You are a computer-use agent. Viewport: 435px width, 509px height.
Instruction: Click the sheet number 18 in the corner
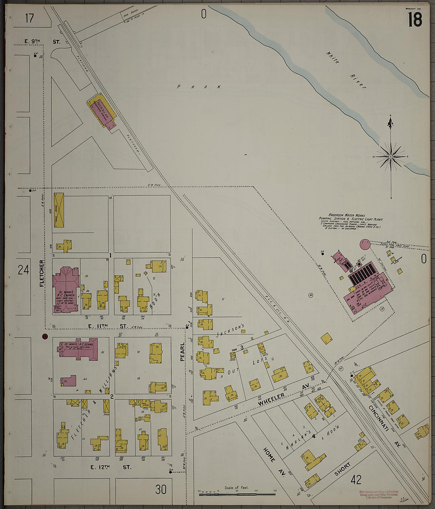point(415,19)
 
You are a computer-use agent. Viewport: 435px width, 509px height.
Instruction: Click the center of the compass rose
point(391,157)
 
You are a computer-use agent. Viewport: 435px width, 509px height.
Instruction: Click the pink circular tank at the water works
point(365,244)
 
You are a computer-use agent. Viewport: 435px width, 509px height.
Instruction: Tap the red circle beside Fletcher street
point(45,337)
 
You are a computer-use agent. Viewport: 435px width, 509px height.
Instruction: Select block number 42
point(356,480)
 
